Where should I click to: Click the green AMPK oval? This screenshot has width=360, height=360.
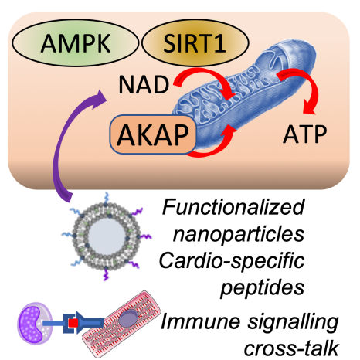[x=75, y=43]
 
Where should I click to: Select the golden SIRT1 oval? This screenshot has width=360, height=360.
[x=195, y=43]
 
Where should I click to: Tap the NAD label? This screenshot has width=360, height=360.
[x=144, y=85]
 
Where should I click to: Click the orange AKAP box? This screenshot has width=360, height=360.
[x=153, y=134]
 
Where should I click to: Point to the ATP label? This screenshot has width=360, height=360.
[x=305, y=134]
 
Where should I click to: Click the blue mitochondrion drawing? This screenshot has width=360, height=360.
[x=245, y=95]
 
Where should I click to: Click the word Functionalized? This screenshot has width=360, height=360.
[x=233, y=208]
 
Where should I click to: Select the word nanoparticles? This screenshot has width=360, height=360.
[x=239, y=235]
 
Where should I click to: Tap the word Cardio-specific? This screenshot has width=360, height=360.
[x=232, y=260]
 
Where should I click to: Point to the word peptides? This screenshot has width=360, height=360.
[x=263, y=287]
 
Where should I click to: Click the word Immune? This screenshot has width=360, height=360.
[x=200, y=322]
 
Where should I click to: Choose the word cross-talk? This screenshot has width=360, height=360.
[x=291, y=348]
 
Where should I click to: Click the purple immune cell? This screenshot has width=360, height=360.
[x=35, y=323]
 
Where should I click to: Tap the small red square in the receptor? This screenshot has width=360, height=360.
[x=73, y=323]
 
